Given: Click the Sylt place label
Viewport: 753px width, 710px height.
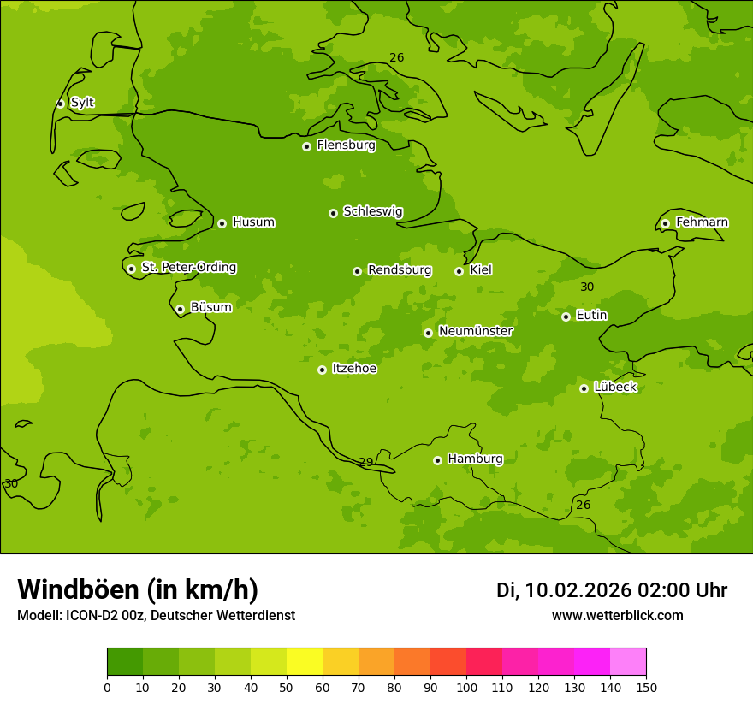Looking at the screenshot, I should (82, 103).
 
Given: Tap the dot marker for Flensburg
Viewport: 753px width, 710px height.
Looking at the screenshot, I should (306, 146).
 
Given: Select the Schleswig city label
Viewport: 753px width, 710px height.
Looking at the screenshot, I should (372, 211).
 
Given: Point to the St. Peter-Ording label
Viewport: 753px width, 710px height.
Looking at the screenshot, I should (188, 268).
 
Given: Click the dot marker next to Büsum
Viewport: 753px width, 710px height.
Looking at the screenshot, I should (180, 309).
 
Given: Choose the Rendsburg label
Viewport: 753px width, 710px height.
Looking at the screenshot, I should (399, 270).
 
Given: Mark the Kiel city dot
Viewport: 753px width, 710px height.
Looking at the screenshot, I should (459, 271).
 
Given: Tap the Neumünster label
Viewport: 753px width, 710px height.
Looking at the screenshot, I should (475, 331).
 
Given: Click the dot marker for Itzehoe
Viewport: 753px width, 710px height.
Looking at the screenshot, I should (322, 370).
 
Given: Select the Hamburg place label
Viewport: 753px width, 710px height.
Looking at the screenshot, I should (475, 459).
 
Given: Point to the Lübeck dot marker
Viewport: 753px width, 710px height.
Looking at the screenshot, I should (584, 388).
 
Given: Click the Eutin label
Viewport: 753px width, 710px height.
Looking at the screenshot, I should (591, 316).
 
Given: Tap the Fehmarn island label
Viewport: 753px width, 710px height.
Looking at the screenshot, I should (702, 222).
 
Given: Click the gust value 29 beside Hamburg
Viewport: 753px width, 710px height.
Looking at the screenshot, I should (366, 462).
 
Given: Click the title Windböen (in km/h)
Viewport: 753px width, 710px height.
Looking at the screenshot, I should (138, 589).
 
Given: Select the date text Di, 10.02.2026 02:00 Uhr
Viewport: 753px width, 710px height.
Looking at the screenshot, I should (612, 590).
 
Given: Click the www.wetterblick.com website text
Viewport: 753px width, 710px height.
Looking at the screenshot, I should (617, 616).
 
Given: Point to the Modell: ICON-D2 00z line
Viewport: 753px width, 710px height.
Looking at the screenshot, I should (156, 616).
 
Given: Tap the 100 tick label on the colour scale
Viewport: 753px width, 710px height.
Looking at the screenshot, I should (466, 687).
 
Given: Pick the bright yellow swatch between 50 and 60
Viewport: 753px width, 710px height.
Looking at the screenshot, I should (305, 662).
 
